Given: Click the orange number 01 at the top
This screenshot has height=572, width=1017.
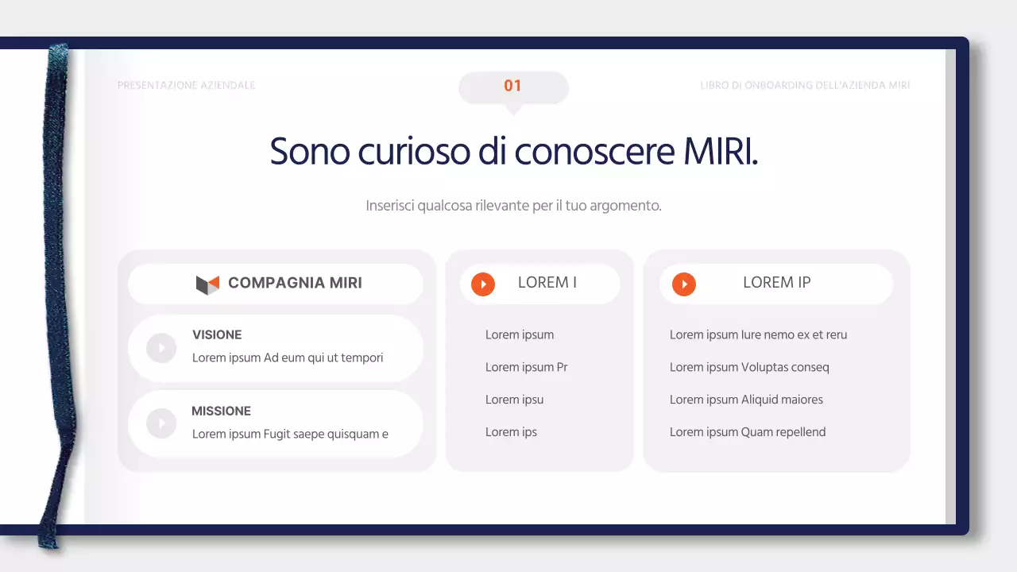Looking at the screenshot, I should click(x=512, y=86).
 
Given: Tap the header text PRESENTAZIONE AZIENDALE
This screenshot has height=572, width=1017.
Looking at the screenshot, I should click(x=186, y=85).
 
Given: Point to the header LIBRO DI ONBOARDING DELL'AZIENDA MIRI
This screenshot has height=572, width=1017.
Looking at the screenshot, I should click(x=805, y=85).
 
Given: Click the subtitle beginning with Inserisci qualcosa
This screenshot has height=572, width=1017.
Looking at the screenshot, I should click(x=513, y=206).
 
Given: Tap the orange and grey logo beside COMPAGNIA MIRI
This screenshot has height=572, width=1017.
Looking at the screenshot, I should click(x=207, y=284).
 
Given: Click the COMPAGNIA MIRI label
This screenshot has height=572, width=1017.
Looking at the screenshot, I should click(x=295, y=283).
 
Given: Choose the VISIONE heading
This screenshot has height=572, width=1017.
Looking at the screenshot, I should click(x=217, y=334).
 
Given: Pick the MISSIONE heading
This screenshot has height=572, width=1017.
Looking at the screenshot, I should click(x=221, y=411).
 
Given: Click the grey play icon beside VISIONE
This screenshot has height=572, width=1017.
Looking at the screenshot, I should click(x=161, y=348).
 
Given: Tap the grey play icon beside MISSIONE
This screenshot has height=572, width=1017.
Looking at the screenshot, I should click(x=161, y=423).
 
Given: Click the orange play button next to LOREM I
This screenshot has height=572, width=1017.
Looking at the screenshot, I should click(x=483, y=284).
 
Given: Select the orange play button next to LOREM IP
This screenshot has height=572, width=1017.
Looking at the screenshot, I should click(x=684, y=284).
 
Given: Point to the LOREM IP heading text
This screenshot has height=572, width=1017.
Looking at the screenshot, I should click(x=776, y=283).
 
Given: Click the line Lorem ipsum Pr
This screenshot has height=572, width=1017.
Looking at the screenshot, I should click(x=526, y=367).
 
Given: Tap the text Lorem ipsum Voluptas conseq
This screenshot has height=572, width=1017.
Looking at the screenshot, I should click(x=749, y=367).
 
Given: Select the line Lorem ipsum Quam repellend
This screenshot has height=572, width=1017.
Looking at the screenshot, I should click(x=748, y=432).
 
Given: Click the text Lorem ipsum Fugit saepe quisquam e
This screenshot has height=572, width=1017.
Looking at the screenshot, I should click(x=290, y=434).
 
